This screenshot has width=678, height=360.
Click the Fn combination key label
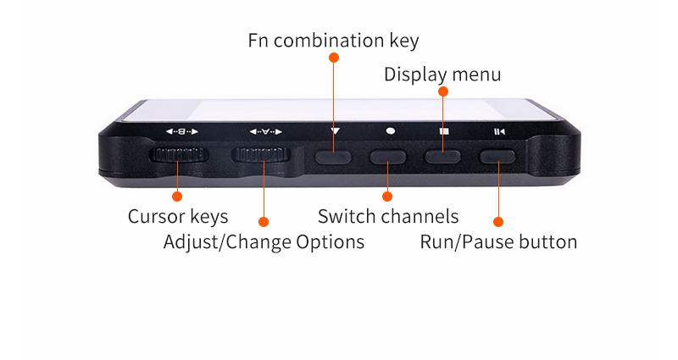coord(333,40)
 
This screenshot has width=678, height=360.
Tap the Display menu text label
coord(442,75)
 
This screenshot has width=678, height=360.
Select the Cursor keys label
coord(178,216)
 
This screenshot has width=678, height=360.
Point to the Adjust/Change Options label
coord(264,241)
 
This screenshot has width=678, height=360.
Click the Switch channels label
coord(388,216)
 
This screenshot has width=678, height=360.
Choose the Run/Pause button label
coord(498,241)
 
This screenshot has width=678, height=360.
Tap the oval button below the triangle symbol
coord(334,156)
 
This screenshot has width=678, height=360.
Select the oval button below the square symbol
coord(442,156)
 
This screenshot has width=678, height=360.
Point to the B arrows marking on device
coord(181,131)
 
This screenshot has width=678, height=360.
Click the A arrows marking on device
coord(266,131)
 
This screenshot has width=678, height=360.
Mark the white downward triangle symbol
coord(336,131)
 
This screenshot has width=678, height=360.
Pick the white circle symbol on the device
coord(390,131)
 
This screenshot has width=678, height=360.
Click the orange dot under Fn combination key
coord(333,58)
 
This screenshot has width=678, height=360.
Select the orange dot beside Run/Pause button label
coord(498,222)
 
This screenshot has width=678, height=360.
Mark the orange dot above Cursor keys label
coord(177,197)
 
